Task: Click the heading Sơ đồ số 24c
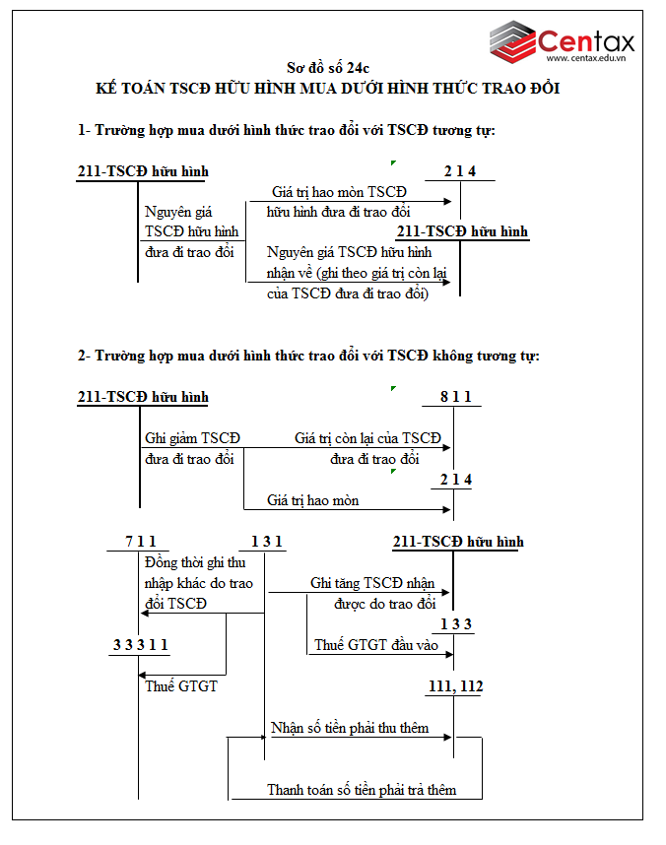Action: [x=328, y=68]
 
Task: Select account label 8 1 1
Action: [x=455, y=397]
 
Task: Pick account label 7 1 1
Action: [x=140, y=541]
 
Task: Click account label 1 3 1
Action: [x=266, y=541]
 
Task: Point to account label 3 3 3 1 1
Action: [x=140, y=645]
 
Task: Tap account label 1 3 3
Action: [x=456, y=623]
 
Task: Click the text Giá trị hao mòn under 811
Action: [x=313, y=500]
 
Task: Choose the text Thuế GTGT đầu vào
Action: [x=376, y=645]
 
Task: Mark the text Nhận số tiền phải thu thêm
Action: [x=351, y=728]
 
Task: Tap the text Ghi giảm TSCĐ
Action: [x=192, y=438]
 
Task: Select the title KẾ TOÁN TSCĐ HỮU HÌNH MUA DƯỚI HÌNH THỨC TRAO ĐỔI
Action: [x=328, y=89]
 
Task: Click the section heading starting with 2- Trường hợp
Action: [x=308, y=356]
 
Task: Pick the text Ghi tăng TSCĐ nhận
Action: [x=372, y=583]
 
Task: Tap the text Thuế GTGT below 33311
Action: [x=181, y=685]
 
